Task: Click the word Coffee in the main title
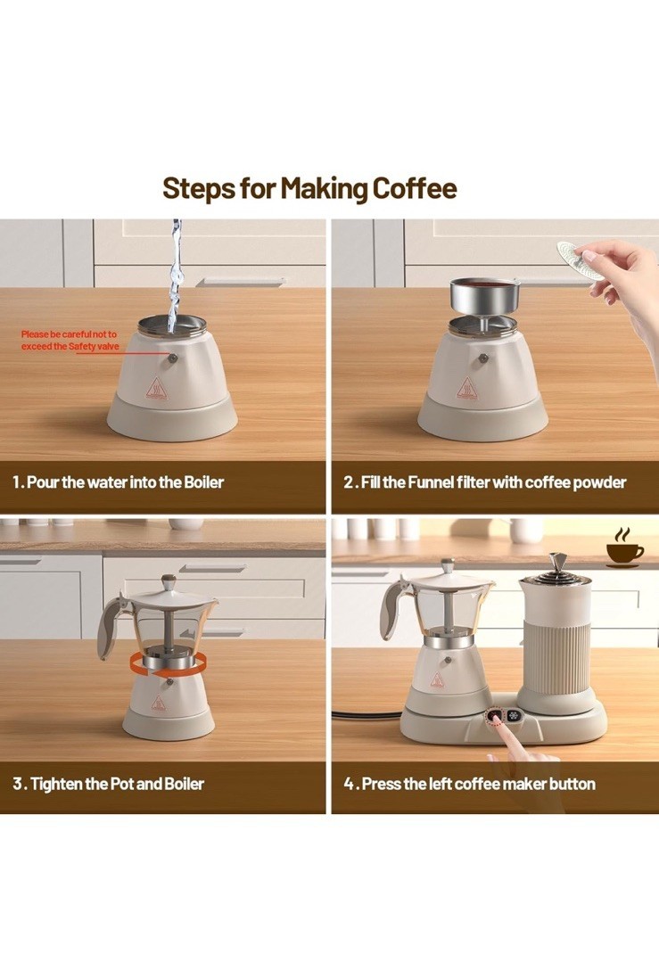(415, 188)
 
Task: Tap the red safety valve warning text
(70, 341)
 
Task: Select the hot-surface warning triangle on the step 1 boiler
(156, 389)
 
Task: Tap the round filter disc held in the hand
(579, 260)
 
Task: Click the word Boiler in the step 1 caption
(204, 482)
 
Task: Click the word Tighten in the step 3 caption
(56, 784)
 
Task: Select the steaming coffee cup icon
(624, 547)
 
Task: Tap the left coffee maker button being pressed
(495, 716)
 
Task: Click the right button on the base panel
(514, 716)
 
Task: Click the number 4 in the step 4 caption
(349, 785)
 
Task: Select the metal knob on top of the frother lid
(557, 562)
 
